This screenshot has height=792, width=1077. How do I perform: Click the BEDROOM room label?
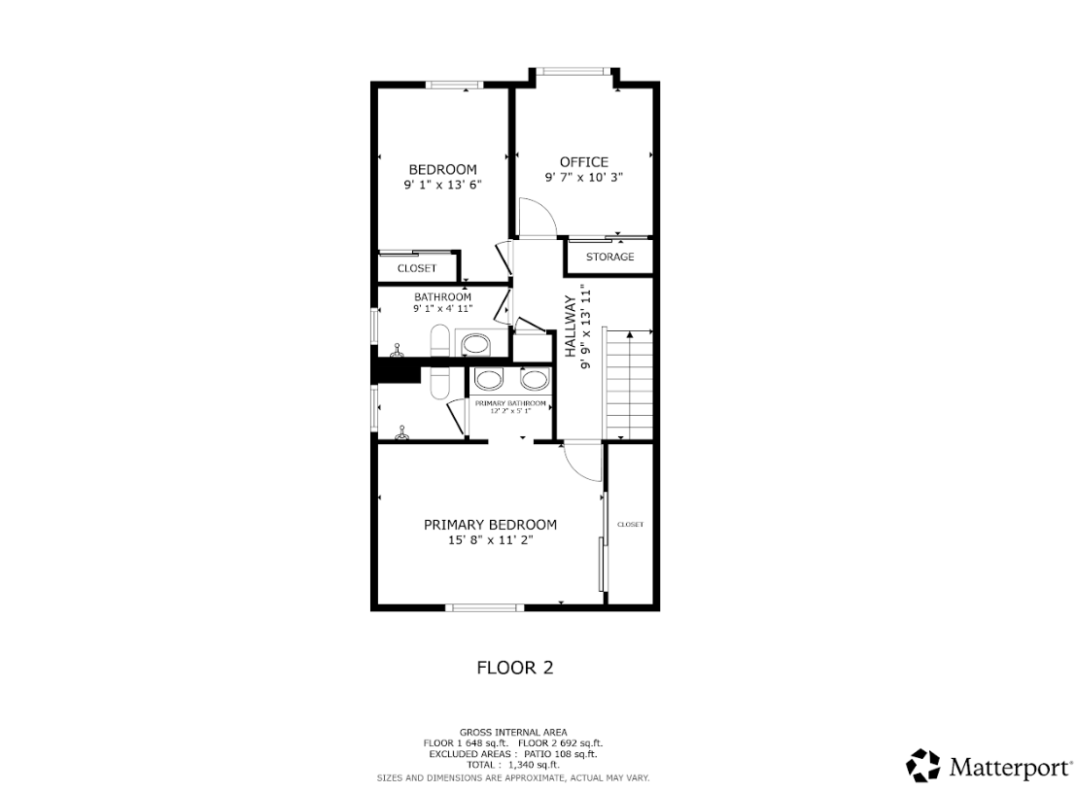click(x=442, y=170)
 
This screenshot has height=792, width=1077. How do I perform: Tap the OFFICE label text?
click(x=584, y=162)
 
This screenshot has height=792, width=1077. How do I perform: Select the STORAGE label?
click(x=609, y=257)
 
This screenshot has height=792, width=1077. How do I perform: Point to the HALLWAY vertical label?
click(x=571, y=327)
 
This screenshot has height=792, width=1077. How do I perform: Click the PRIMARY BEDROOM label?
click(x=491, y=525)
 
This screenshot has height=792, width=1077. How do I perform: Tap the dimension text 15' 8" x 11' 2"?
click(x=491, y=540)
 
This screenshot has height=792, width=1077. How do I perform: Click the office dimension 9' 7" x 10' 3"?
click(x=584, y=178)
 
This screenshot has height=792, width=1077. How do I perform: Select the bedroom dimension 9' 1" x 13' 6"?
click(x=442, y=185)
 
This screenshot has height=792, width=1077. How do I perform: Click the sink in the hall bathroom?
click(x=474, y=343)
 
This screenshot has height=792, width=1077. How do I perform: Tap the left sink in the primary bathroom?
click(x=488, y=380)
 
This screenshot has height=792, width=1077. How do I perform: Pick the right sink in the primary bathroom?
click(x=534, y=380)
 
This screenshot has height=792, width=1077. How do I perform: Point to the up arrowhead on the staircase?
click(x=630, y=334)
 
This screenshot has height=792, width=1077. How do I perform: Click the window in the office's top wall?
click(x=573, y=71)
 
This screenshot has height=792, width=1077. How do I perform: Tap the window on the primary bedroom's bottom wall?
click(x=485, y=607)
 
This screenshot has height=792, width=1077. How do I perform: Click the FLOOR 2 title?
click(x=515, y=668)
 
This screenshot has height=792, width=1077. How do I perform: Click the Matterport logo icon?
click(x=922, y=765)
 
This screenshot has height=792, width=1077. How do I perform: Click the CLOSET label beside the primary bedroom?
click(x=631, y=525)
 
